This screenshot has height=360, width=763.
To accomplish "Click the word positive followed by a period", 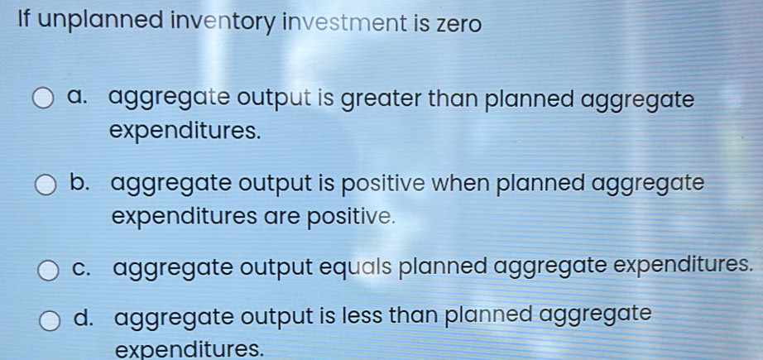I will click(351, 217).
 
